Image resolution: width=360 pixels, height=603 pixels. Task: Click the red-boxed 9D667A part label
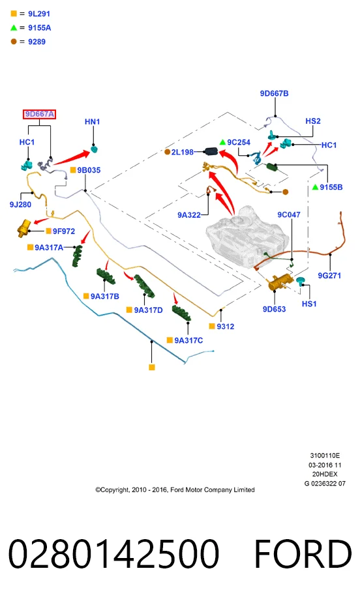pyautogui.click(x=39, y=114)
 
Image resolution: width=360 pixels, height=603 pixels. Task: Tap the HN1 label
pyautogui.click(x=93, y=122)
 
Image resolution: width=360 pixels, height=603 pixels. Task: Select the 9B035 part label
pyautogui.click(x=89, y=170)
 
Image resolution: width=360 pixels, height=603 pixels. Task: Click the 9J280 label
pyautogui.click(x=20, y=205)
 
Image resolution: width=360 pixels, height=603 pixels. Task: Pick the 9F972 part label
pyautogui.click(x=64, y=231)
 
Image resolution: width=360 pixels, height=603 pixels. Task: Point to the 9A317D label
pyautogui.click(x=148, y=310)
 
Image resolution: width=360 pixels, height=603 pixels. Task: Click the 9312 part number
pyautogui.click(x=226, y=327)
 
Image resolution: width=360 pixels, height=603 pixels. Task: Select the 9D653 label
pyautogui.click(x=274, y=309)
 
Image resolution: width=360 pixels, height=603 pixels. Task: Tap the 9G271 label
pyautogui.click(x=329, y=275)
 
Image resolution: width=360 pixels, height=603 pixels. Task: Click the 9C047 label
pyautogui.click(x=289, y=214)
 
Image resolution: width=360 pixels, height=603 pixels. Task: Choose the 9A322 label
pyautogui.click(x=189, y=215)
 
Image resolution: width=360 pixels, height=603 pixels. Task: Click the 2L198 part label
pyautogui.click(x=183, y=153)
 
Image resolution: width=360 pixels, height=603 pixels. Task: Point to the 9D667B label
pyautogui.click(x=274, y=93)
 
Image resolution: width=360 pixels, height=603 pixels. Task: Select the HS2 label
pyautogui.click(x=313, y=121)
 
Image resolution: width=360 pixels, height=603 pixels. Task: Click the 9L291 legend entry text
pyautogui.click(x=39, y=14)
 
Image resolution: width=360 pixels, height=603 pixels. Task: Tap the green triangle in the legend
pyautogui.click(x=14, y=27)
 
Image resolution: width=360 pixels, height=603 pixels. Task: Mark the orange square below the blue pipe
pyautogui.click(x=152, y=367)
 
